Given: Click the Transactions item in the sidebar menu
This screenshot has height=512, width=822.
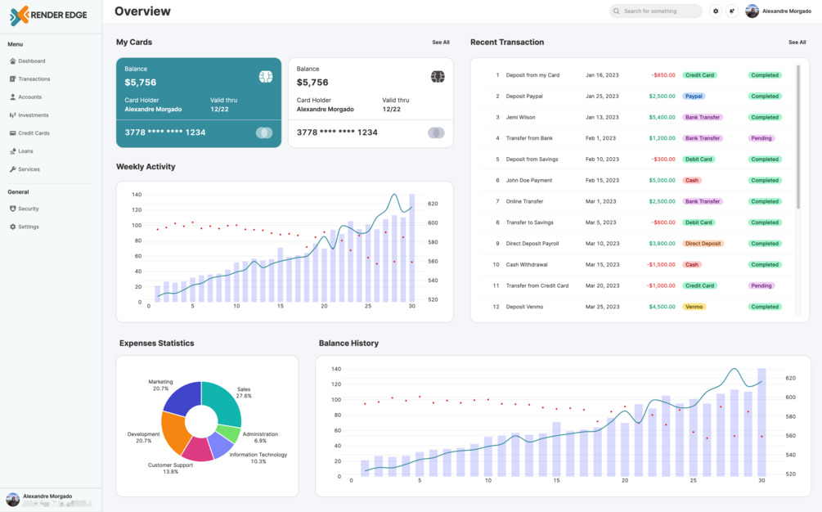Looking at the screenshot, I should click(34, 79).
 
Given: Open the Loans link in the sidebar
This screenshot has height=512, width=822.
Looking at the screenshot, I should click(25, 151).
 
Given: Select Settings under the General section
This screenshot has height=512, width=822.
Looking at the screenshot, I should click(28, 227).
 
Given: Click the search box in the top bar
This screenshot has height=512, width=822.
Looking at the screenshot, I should click(656, 11).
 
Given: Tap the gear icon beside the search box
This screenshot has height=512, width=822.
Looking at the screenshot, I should click(716, 11).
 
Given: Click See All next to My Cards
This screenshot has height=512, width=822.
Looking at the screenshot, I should click(441, 43).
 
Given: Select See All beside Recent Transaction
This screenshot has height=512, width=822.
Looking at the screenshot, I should click(797, 43).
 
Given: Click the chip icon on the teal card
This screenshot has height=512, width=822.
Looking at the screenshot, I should click(265, 77).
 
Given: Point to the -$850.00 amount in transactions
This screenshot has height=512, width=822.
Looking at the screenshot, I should click(663, 75).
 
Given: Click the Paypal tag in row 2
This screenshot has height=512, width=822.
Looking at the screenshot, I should click(694, 97).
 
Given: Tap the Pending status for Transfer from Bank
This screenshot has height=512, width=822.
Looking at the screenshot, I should click(761, 138).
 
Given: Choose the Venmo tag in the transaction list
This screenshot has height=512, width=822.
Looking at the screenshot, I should click(694, 307).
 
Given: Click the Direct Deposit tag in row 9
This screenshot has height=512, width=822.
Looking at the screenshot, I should click(703, 244).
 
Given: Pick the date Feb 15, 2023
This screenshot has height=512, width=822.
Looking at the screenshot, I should click(602, 181).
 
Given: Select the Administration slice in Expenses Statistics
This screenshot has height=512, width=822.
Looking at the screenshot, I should click(228, 433).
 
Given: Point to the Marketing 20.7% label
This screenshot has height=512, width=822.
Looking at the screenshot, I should click(160, 385).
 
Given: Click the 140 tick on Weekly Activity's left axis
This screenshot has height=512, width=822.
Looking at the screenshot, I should click(137, 195).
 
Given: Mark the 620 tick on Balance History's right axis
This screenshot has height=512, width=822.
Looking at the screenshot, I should click(790, 379).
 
